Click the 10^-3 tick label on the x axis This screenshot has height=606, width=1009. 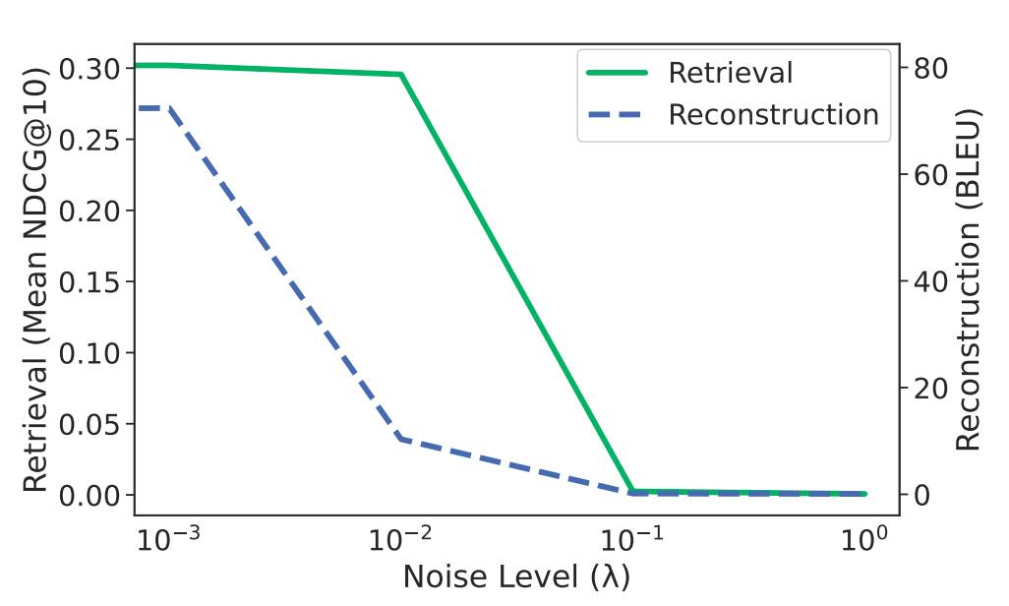(170, 538)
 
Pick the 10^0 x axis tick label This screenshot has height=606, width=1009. (863, 538)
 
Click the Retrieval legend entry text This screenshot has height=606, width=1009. (730, 73)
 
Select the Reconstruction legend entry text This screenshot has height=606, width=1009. (773, 115)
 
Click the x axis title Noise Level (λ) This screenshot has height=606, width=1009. (516, 576)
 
